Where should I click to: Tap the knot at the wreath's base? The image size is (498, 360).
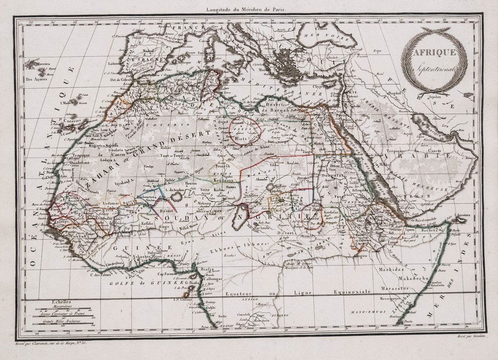click(x=427, y=93)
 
